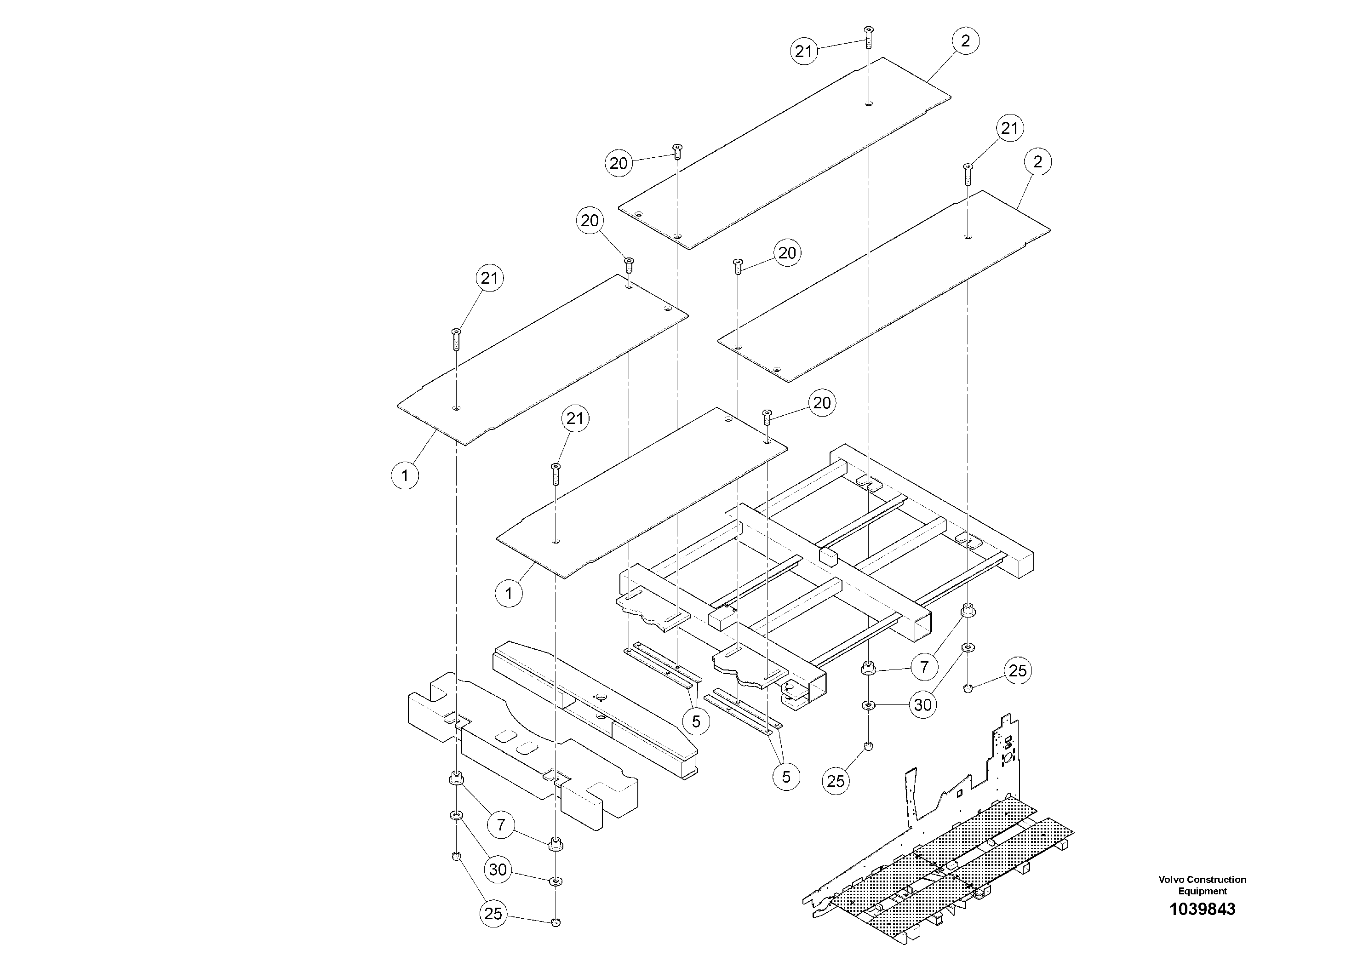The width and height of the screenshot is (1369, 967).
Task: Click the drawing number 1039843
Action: [x=1202, y=909]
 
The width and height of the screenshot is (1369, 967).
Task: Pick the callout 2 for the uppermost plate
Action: [x=965, y=40]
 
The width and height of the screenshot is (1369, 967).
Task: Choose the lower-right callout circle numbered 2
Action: [x=1037, y=161]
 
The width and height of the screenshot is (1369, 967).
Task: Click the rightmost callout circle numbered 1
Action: [x=509, y=593]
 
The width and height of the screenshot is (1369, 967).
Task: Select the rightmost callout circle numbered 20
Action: [x=822, y=403]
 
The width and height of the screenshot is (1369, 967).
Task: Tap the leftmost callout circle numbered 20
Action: [x=589, y=221]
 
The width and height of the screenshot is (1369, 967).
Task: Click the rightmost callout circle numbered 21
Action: [x=1009, y=128]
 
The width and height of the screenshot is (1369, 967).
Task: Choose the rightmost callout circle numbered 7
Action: [x=924, y=667]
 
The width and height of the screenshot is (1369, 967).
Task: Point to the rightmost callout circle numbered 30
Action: [x=922, y=705]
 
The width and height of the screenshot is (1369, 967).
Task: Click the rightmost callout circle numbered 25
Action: [x=1017, y=671]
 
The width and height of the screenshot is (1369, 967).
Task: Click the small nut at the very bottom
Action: [x=556, y=922]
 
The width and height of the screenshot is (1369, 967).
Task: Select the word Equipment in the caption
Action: [x=1202, y=891]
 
